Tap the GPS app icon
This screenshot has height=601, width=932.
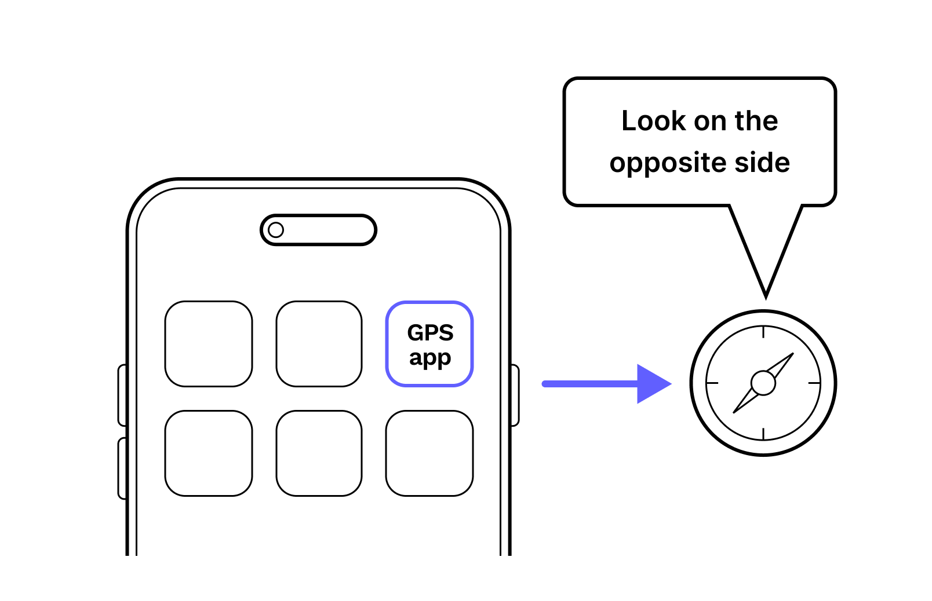[x=429, y=344]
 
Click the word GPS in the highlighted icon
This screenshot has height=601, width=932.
[x=430, y=333]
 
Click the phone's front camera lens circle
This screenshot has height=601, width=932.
[x=276, y=230]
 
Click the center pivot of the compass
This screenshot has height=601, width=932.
[x=763, y=383]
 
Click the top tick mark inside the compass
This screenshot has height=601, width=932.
[x=763, y=332]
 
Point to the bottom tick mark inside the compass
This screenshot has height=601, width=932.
[x=763, y=434]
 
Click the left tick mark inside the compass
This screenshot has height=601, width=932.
[x=712, y=383]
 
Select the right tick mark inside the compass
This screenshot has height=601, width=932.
[x=814, y=383]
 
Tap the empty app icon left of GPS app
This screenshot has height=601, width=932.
[x=319, y=344]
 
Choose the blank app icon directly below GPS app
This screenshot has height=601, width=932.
[x=429, y=453]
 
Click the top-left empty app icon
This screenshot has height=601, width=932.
[x=209, y=344]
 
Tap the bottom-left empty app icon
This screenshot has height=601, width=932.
[x=209, y=453]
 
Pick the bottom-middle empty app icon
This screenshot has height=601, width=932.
[x=319, y=453]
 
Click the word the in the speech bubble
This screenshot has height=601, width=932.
[x=756, y=121]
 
